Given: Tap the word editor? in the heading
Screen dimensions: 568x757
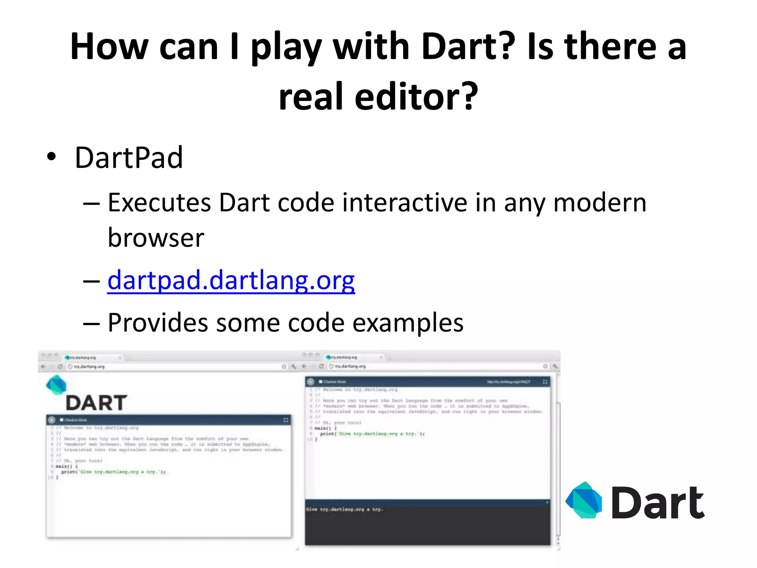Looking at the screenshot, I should click(416, 97).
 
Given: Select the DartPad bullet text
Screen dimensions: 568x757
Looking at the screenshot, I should click(129, 158).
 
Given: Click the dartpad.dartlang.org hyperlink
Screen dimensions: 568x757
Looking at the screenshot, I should click(231, 280).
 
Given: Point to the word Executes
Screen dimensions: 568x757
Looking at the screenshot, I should click(159, 203).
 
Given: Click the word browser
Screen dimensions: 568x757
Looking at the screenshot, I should click(156, 237).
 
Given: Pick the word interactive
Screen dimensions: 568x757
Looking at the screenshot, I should click(405, 203).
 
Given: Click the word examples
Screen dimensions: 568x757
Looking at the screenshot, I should click(408, 323).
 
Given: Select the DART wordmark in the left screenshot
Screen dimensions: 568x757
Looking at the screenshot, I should click(96, 403).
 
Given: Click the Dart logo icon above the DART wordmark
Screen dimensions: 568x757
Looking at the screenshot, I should click(56, 385).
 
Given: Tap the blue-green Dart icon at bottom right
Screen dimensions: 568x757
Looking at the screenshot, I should click(584, 500).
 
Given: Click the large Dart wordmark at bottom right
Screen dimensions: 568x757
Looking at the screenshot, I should click(658, 502).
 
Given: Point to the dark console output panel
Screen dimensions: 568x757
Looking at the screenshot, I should click(427, 525).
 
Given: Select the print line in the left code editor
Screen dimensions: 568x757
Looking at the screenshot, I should click(113, 472).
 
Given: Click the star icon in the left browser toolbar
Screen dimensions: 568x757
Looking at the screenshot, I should click(284, 366).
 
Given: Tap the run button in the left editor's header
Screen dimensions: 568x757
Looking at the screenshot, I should click(52, 420).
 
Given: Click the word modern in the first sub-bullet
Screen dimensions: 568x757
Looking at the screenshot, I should click(600, 203).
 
